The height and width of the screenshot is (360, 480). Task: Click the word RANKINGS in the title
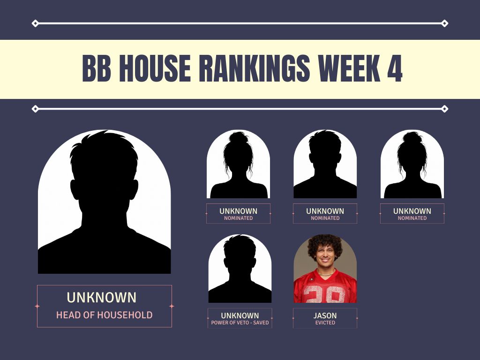coord(255,68)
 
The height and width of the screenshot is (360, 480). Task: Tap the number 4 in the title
coord(395,68)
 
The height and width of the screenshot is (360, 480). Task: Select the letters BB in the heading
coord(97,68)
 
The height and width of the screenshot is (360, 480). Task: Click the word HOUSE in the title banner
coord(155,68)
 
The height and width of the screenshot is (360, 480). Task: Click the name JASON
coord(325,315)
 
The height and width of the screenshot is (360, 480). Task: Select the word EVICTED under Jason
coord(325,322)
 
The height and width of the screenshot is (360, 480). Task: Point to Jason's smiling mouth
coord(325,261)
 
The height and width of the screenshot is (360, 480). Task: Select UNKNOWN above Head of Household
coord(102,298)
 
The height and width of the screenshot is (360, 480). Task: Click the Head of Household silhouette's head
coord(104,172)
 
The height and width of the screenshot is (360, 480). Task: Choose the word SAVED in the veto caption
coord(261,322)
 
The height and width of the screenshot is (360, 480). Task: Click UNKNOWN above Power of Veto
coord(240,315)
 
